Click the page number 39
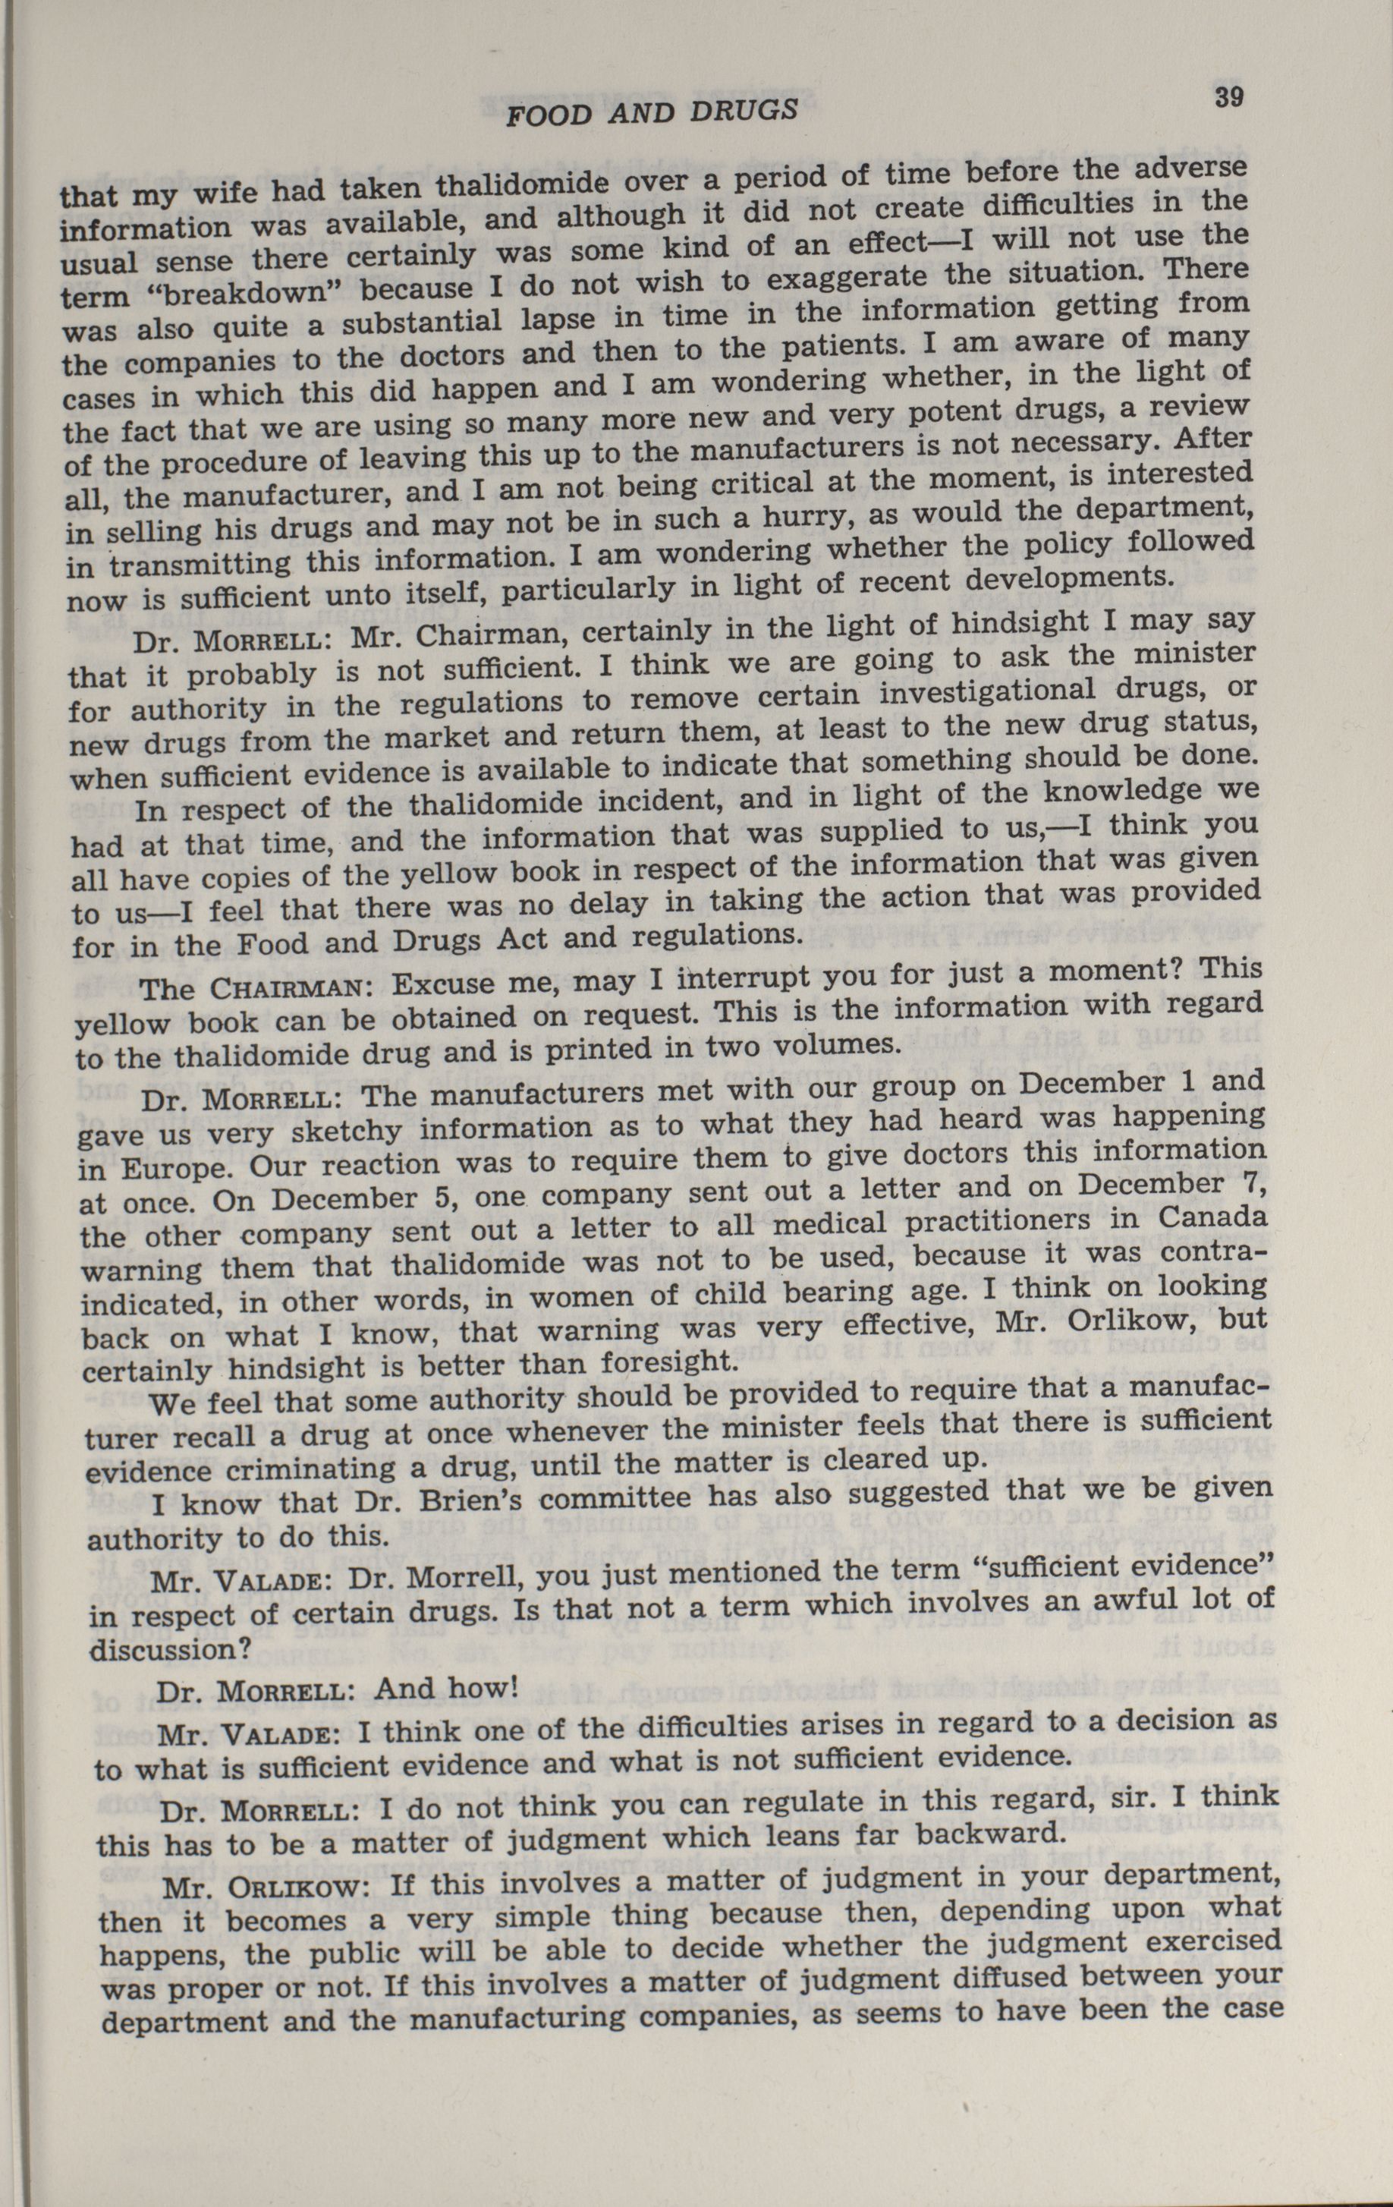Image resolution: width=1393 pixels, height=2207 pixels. coord(1228,97)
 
